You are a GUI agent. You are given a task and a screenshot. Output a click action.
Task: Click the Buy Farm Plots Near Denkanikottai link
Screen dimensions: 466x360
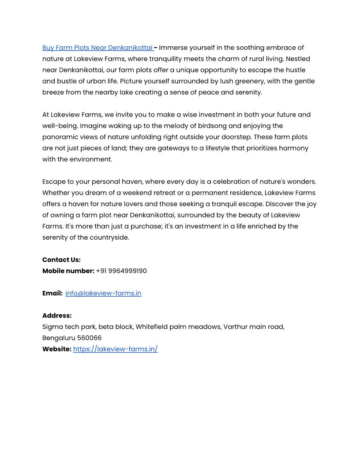[97, 48]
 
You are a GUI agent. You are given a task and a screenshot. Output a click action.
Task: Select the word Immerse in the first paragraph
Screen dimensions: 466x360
[173, 48]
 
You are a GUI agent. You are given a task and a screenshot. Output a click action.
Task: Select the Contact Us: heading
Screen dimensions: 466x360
[61, 259]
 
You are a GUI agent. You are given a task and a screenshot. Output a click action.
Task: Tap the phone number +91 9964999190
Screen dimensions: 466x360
[121, 271]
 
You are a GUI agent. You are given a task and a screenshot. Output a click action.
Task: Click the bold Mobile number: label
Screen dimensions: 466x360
[68, 271]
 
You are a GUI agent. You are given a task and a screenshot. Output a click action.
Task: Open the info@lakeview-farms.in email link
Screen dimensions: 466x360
[103, 293]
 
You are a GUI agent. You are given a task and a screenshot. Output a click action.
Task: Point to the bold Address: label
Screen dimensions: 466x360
[57, 316]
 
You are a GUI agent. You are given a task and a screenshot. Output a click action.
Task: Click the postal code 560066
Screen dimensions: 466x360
[89, 338]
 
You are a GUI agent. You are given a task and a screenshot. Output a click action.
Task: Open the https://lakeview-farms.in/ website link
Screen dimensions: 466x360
[115, 349]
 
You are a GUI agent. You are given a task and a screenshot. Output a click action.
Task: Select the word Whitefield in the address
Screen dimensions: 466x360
[152, 327]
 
